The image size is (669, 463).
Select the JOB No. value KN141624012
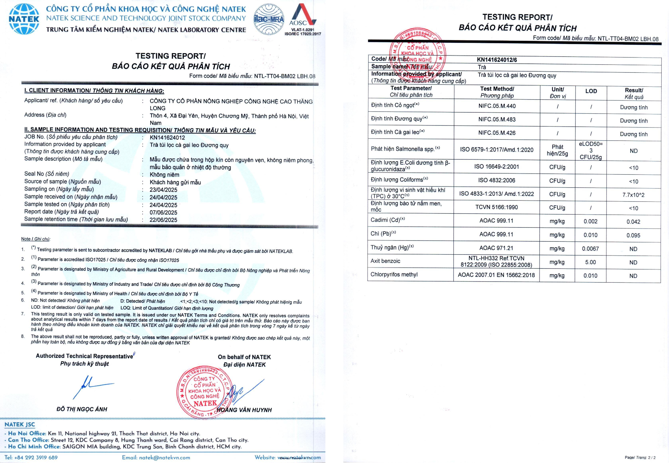point(167,138)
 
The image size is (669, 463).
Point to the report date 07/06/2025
point(163,212)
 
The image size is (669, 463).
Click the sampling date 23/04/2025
point(163,190)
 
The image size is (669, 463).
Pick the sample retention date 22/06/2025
point(163,220)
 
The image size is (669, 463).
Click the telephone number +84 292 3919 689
point(36,457)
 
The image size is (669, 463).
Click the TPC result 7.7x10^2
point(633,195)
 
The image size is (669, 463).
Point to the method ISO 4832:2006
point(496,180)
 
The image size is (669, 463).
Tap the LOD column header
point(591,91)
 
